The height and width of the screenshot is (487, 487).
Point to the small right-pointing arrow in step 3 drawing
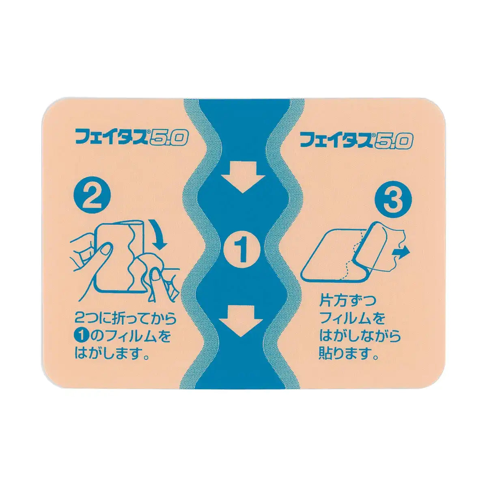coord(402,252)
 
